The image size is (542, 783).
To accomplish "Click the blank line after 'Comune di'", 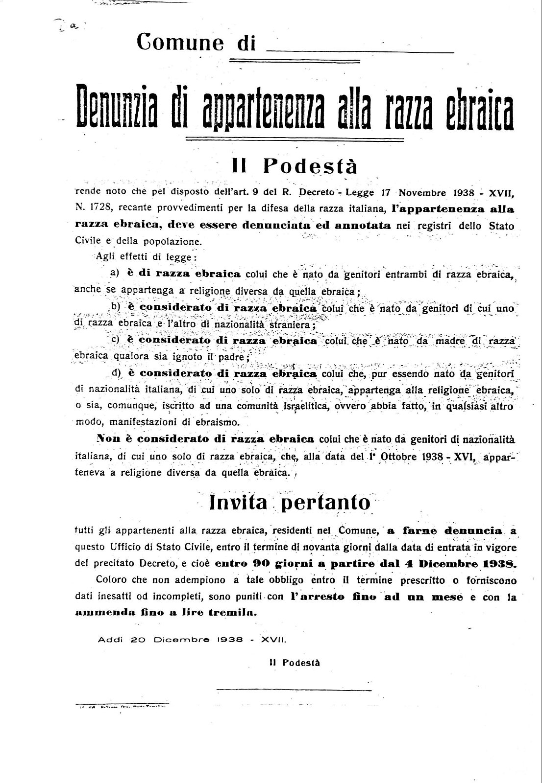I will [x=359, y=51].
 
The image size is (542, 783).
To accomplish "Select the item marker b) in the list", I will [x=116, y=307].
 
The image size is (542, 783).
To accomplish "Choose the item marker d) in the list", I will [x=116, y=372].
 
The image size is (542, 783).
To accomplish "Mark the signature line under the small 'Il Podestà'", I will [x=294, y=690].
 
